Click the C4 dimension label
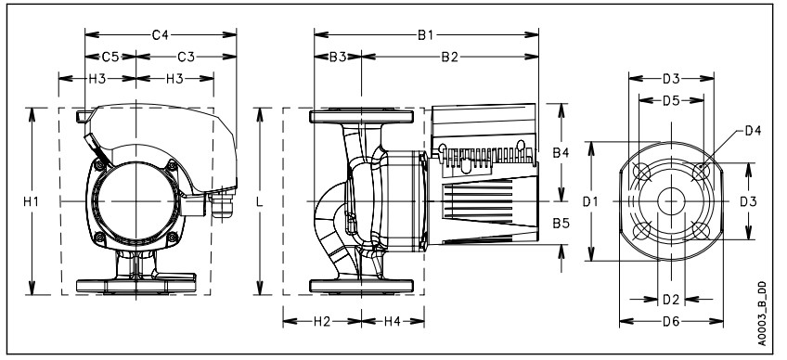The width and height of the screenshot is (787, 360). coord(161,34)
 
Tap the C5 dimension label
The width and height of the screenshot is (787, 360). coord(110,57)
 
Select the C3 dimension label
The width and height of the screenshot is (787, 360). coord(186,57)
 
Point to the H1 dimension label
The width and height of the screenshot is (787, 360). coord(32,201)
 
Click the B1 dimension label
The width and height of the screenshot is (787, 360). coord(426,34)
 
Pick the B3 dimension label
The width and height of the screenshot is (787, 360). coord(338,57)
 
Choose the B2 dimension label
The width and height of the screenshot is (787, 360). coord(450,57)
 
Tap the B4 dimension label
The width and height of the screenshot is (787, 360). coord(561,153)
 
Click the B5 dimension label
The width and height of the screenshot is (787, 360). coord(561,223)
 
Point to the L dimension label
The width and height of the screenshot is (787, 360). coord(260,201)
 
